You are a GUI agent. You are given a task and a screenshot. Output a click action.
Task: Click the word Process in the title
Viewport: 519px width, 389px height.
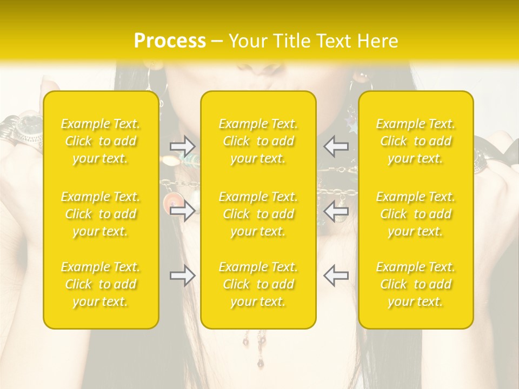click(170, 41)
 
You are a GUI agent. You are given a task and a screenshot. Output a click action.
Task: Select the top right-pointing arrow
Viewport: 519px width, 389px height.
click(182, 146)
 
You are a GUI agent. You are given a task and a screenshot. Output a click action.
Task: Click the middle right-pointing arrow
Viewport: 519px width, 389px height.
click(182, 211)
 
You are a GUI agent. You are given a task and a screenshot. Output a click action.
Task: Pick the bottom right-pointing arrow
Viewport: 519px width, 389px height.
click(182, 276)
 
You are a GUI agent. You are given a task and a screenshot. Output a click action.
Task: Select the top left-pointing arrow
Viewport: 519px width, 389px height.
click(336, 146)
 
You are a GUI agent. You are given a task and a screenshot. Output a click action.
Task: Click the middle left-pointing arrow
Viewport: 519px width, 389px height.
click(336, 211)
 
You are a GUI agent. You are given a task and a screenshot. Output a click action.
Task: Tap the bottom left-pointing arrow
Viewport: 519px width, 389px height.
click(336, 276)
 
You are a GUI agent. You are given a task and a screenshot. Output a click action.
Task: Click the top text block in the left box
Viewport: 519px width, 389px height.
click(101, 141)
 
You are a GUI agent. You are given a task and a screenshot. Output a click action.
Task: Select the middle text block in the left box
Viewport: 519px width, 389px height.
click(101, 214)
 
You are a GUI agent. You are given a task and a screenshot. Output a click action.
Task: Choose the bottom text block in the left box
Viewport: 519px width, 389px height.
click(101, 284)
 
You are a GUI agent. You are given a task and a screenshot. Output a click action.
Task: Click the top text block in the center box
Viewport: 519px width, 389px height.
click(258, 141)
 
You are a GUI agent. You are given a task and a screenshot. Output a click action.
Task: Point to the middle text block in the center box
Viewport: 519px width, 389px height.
click(258, 214)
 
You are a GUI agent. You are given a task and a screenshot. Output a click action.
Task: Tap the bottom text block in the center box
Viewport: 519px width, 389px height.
click(258, 284)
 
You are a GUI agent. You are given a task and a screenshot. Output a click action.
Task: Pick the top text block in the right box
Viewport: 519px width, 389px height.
click(416, 141)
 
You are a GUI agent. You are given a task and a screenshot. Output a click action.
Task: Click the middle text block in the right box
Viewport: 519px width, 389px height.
click(416, 214)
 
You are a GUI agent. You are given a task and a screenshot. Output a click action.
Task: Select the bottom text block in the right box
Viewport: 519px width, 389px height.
click(416, 284)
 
